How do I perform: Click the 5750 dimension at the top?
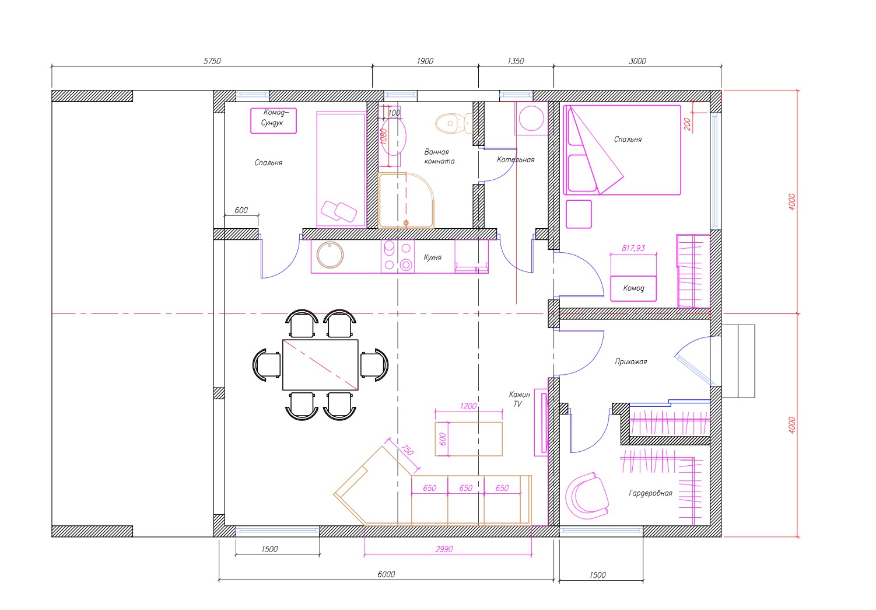pyautogui.click(x=212, y=61)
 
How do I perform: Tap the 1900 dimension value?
pyautogui.click(x=425, y=61)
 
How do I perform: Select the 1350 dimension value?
pyautogui.click(x=516, y=61)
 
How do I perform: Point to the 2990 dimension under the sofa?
pyautogui.click(x=444, y=549)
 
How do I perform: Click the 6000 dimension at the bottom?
pyautogui.click(x=386, y=574)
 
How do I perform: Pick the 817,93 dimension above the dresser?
pyautogui.click(x=633, y=248)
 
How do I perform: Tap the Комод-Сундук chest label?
pyautogui.click(x=274, y=117)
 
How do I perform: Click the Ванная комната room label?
pyautogui.click(x=439, y=156)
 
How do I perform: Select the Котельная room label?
pyautogui.click(x=516, y=160)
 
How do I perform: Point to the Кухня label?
pyautogui.click(x=433, y=257)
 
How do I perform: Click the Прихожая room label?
pyautogui.click(x=631, y=361)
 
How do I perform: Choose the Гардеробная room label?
pyautogui.click(x=650, y=493)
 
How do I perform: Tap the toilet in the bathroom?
pyautogui.click(x=454, y=123)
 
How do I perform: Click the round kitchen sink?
pyautogui.click(x=330, y=255)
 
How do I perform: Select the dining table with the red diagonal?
pyautogui.click(x=320, y=365)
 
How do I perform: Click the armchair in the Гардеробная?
pyautogui.click(x=587, y=494)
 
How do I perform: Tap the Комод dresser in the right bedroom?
pyautogui.click(x=633, y=288)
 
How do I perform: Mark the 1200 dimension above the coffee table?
pyautogui.click(x=468, y=406)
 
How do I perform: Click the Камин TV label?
pyautogui.click(x=519, y=399)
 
